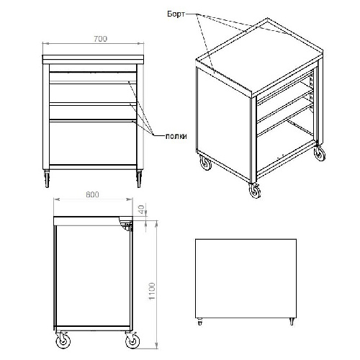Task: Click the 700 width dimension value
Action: (100, 39)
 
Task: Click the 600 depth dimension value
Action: (92, 194)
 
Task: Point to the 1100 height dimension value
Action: (152, 291)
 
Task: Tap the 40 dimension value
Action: (142, 210)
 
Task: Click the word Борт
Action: (176, 14)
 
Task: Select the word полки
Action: (176, 136)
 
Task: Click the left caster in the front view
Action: (47, 179)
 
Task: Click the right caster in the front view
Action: (139, 179)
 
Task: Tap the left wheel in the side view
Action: (63, 341)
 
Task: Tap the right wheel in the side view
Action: (132, 341)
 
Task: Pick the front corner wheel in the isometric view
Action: (255, 191)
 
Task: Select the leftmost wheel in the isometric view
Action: (206, 163)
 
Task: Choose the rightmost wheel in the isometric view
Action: (320, 153)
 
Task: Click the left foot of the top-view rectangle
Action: (200, 322)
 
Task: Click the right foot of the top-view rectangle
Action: (292, 322)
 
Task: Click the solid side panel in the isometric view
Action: (224, 122)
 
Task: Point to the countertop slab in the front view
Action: (93, 60)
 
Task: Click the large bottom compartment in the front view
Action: (93, 143)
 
